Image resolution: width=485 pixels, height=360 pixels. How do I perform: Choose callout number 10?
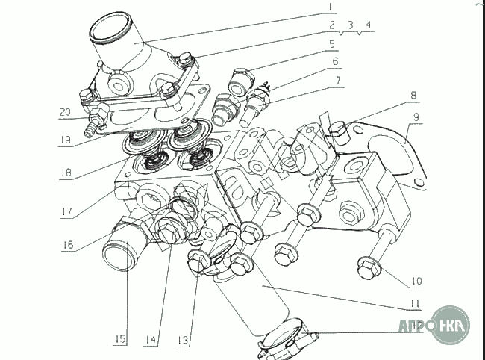(416, 282)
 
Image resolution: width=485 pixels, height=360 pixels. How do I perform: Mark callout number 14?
(152, 340)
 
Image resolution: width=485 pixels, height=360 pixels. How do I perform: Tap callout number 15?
(119, 340)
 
